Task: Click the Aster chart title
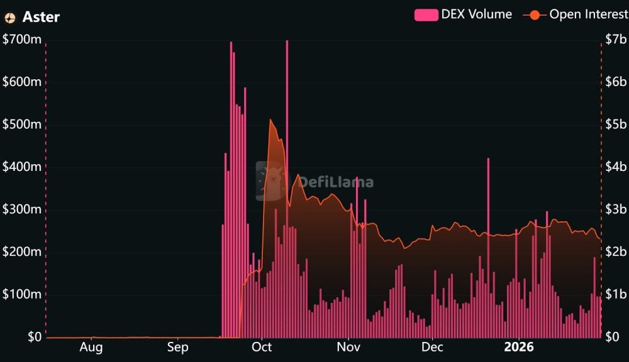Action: (41, 17)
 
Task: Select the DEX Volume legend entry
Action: (463, 14)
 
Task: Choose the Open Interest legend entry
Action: (575, 14)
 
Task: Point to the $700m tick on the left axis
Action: (22, 40)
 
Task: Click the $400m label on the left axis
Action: (22, 167)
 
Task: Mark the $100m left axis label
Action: (22, 295)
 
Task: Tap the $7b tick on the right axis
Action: (616, 40)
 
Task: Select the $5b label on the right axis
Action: (616, 124)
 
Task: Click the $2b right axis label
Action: (616, 252)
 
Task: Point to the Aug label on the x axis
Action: (91, 347)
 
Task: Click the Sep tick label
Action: (178, 347)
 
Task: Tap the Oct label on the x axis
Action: (262, 347)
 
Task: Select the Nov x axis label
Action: (348, 347)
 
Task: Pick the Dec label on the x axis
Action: (432, 347)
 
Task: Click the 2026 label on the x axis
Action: (519, 347)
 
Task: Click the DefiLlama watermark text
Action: (335, 182)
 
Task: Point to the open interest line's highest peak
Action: (270, 120)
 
